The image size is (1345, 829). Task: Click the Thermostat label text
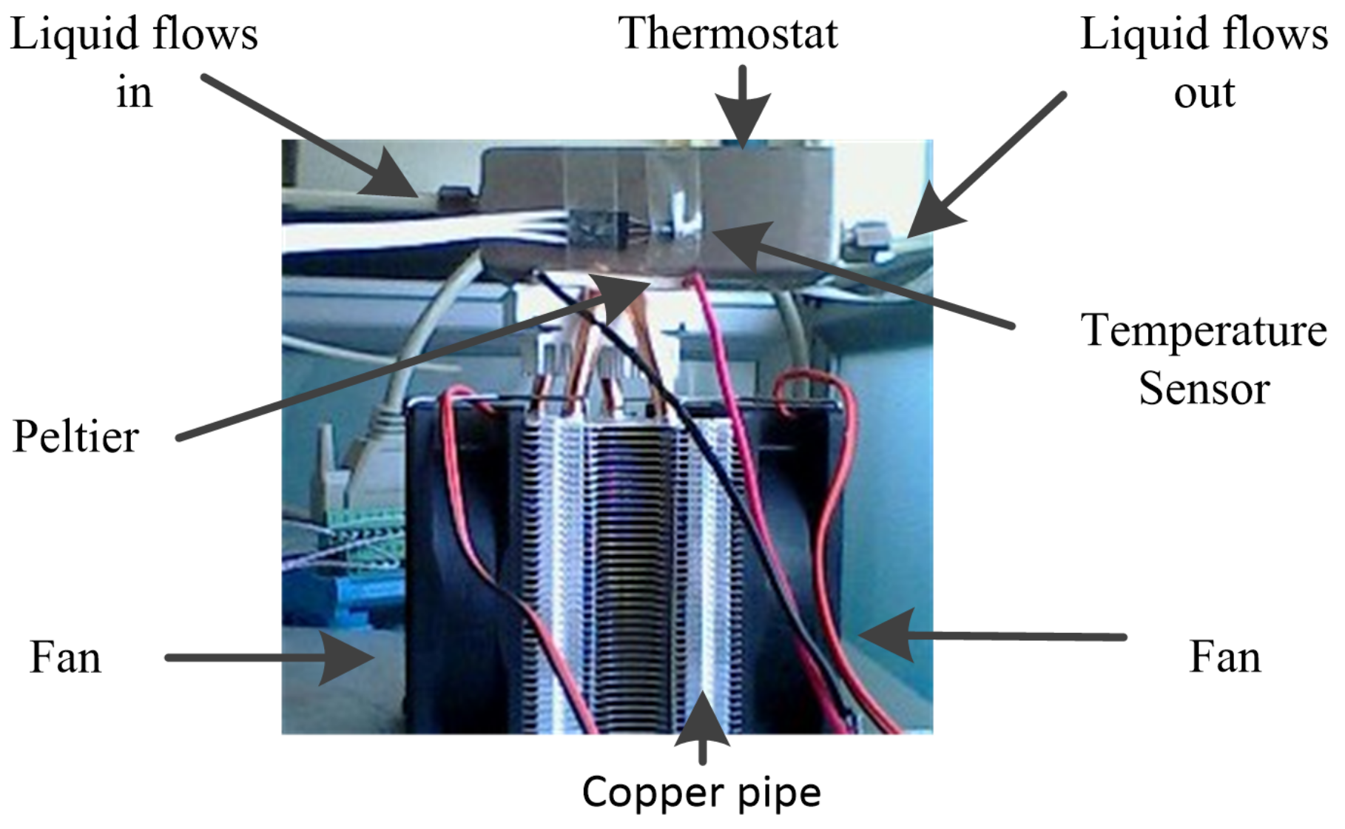click(728, 34)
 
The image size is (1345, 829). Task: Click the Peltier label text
click(76, 437)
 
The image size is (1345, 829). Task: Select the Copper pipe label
click(701, 793)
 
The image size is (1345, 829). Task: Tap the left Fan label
click(65, 657)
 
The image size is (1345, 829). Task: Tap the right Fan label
click(1225, 657)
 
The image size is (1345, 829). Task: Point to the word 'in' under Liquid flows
click(134, 93)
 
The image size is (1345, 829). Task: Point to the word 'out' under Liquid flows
click(1204, 93)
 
